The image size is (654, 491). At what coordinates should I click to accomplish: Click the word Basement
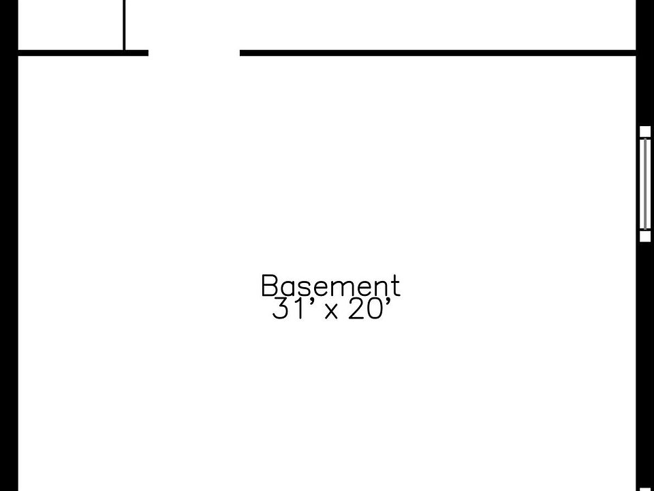[x=330, y=286]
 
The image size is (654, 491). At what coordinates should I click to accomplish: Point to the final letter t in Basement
[x=394, y=286]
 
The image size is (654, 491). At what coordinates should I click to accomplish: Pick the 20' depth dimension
[x=369, y=310]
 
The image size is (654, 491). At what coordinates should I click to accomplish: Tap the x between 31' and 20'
[x=332, y=312]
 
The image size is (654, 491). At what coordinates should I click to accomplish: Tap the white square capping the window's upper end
[x=645, y=132]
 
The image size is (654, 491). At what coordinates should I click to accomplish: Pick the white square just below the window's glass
[x=645, y=236]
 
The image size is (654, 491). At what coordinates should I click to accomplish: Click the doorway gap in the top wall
[x=194, y=52]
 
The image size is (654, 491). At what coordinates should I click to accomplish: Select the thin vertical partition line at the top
[x=124, y=25]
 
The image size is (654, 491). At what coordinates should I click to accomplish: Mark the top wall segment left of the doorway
[x=82, y=52]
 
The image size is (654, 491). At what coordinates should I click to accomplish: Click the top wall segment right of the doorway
[x=436, y=52]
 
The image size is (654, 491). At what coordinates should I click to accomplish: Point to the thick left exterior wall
[x=7, y=273]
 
